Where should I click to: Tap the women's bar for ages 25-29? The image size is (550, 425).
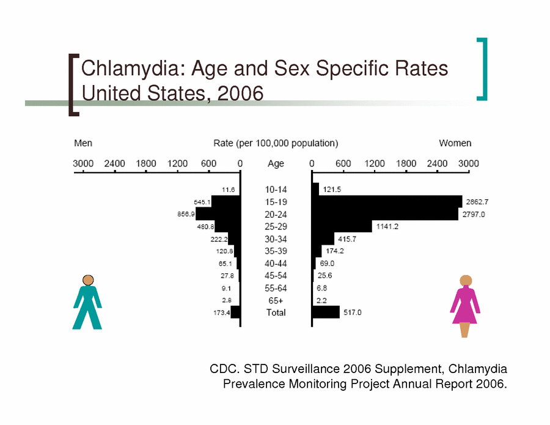point(342,227)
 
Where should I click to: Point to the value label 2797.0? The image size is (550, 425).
point(474,215)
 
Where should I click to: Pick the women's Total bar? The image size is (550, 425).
point(326,312)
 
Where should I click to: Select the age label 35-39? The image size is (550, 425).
point(276,251)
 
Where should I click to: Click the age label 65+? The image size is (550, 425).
point(276,300)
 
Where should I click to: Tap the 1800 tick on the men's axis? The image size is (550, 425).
point(146,164)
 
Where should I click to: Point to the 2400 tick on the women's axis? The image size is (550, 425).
point(438,164)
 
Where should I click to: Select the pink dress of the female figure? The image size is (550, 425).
point(464,306)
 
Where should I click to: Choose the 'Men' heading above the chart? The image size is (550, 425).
point(83,143)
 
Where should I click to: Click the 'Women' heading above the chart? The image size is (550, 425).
point(455,143)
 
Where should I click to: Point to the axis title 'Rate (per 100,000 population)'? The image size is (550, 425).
point(276,143)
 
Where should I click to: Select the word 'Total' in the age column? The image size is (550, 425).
point(276,312)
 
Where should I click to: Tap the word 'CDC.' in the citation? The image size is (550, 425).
point(224,369)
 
